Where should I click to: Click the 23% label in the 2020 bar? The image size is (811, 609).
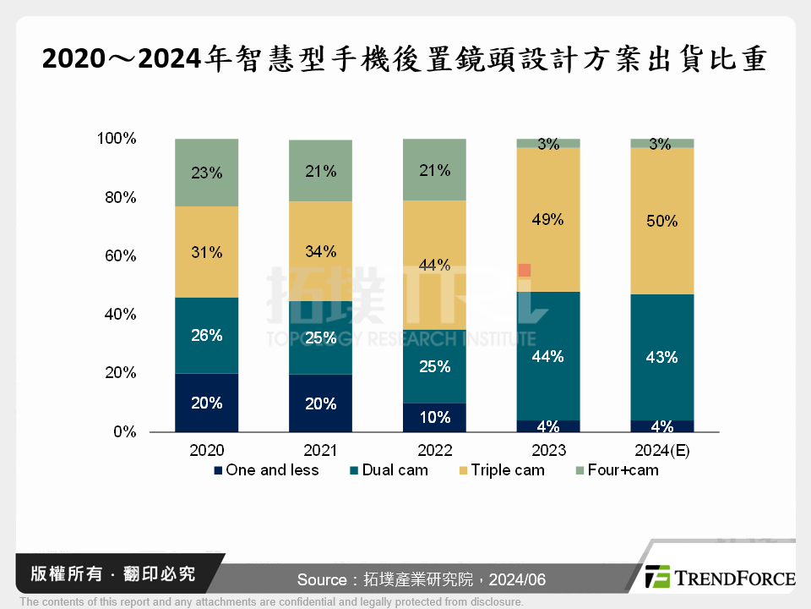click(206, 173)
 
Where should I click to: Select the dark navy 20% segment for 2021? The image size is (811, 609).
click(320, 403)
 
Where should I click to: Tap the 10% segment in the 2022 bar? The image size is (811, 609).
click(434, 417)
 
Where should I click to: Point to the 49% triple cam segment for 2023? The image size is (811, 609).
click(548, 220)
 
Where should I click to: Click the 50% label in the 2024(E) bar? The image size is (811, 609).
click(661, 221)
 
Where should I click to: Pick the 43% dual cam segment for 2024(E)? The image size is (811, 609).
click(661, 357)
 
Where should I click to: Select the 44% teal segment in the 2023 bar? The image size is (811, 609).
click(548, 356)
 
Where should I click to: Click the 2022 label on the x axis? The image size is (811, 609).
click(434, 451)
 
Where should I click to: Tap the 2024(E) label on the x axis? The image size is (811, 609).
click(661, 451)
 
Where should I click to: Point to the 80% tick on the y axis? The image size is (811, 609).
click(117, 197)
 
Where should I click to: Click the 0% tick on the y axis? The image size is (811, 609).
click(124, 431)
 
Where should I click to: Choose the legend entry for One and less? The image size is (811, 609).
click(266, 470)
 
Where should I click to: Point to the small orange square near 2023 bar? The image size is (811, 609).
click(525, 270)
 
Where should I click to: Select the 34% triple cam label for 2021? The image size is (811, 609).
click(320, 251)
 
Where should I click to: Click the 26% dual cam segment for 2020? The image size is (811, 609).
click(206, 335)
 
